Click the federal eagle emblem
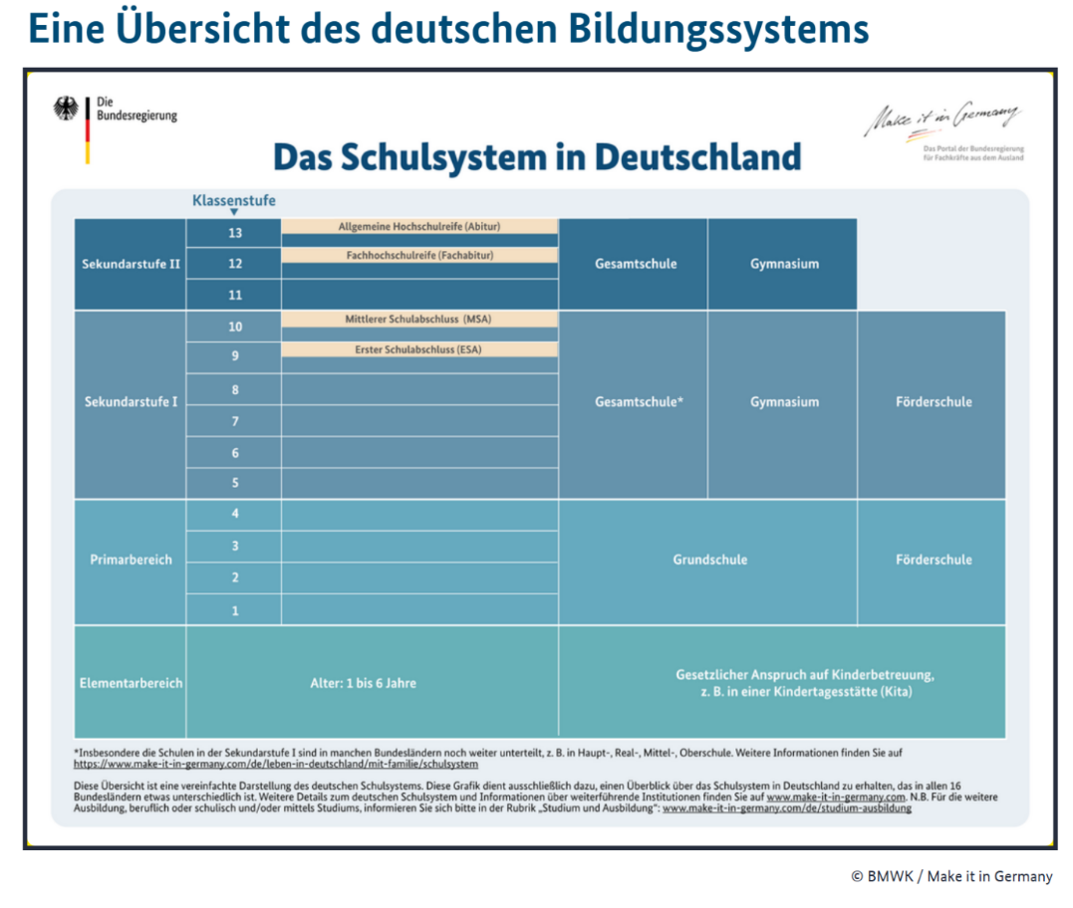tap(67, 109)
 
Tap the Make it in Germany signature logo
tap(941, 119)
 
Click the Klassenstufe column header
tap(234, 201)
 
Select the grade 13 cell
tap(234, 233)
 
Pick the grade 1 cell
tap(235, 610)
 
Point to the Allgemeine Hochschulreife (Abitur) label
tap(419, 226)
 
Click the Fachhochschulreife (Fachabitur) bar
tap(419, 255)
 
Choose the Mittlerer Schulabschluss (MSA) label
tap(419, 319)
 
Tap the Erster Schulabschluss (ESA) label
tap(419, 349)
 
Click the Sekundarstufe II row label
tap(131, 264)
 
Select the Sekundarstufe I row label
tap(131, 402)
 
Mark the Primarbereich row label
tap(131, 560)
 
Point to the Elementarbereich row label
tap(131, 683)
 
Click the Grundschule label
tap(709, 560)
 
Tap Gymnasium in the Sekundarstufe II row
tap(784, 264)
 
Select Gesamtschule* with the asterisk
tap(639, 402)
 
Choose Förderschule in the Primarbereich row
tap(933, 560)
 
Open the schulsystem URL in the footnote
tap(276, 765)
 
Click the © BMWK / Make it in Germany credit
tap(950, 876)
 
